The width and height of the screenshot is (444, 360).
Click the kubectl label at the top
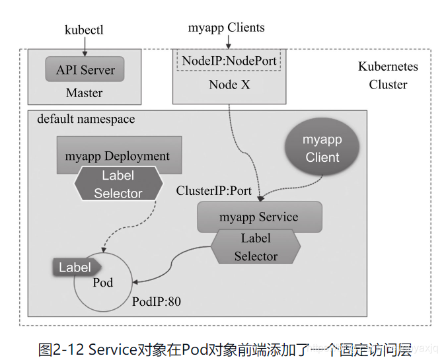point(84,30)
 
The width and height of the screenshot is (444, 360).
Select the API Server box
point(85,69)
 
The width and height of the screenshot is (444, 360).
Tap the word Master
point(84,92)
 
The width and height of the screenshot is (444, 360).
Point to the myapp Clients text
point(226,28)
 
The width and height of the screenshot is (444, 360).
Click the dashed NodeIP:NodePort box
point(229,61)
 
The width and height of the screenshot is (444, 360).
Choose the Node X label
point(229,85)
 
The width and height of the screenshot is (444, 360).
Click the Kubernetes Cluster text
point(388,75)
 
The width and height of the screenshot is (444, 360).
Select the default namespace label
point(86,119)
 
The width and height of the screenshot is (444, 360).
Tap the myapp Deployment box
point(119,155)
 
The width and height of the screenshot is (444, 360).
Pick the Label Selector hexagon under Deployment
point(118,184)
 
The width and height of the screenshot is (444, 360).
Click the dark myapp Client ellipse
point(322,147)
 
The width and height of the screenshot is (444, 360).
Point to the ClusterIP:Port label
point(214,190)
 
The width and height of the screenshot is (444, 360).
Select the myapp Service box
point(260,217)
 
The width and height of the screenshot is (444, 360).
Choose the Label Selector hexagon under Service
point(256,247)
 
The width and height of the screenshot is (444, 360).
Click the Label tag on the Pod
point(77,267)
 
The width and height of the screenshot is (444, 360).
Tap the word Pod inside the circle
point(103,283)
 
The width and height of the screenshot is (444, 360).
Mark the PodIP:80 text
point(157,301)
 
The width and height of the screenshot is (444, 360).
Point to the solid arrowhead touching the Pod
point(135,282)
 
